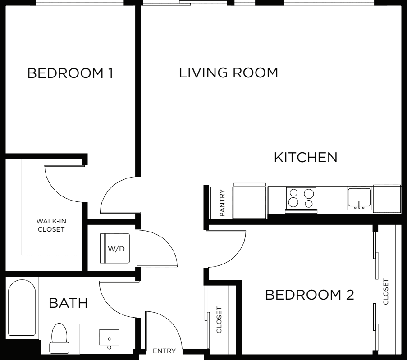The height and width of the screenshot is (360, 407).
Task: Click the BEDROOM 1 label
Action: pos(70,73)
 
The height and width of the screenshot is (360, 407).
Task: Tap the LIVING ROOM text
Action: pos(229,73)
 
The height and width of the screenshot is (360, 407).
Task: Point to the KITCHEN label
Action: pos(306,157)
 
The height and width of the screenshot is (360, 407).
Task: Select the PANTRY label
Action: pos(222,203)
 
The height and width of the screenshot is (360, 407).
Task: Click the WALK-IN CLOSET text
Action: pos(51,225)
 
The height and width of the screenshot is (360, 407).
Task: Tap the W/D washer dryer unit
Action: pos(115,248)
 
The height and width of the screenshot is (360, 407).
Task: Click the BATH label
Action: pos(68,303)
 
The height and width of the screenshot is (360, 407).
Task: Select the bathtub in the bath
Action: pos(22,308)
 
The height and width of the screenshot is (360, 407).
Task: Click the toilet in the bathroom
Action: pos(59,338)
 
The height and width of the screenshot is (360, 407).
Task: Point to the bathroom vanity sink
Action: pos(109,337)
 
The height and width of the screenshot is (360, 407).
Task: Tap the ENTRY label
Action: pos(165,351)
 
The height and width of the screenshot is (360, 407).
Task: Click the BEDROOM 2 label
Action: pos(310,295)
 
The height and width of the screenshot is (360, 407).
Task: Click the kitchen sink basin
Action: pos(360,199)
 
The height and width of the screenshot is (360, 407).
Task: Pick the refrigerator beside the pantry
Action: pos(249,201)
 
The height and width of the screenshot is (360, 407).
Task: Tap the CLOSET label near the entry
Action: pos(219,320)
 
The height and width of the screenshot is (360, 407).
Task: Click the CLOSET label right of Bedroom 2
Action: pos(386,292)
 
